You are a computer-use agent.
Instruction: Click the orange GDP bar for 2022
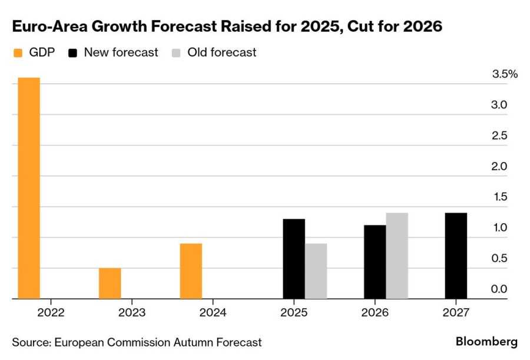pos(29,188)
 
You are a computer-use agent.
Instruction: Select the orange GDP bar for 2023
pos(110,283)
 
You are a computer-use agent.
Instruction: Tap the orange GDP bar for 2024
pos(191,271)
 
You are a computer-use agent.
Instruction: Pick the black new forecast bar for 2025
pos(294,259)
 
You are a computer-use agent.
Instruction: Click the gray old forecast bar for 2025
pos(316,271)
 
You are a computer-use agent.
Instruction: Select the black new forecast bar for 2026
pos(375,262)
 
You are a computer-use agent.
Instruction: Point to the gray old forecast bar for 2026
pos(397,256)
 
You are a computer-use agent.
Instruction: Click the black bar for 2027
pos(456,256)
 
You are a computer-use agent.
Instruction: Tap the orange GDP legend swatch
pos(18,53)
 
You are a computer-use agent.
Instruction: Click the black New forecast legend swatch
pos(72,53)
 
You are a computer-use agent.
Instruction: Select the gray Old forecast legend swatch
pos(176,53)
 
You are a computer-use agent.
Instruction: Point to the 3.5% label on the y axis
pos(505,74)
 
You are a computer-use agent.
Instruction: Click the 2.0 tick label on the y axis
pos(499,166)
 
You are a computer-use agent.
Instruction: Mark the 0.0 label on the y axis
pos(499,289)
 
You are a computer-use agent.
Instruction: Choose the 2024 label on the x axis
pos(213,312)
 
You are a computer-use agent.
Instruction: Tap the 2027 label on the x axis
pos(456,312)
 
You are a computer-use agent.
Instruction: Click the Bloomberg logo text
pos(486,342)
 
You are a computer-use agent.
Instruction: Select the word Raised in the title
pos(246,27)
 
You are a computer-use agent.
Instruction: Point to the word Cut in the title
pos(360,27)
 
